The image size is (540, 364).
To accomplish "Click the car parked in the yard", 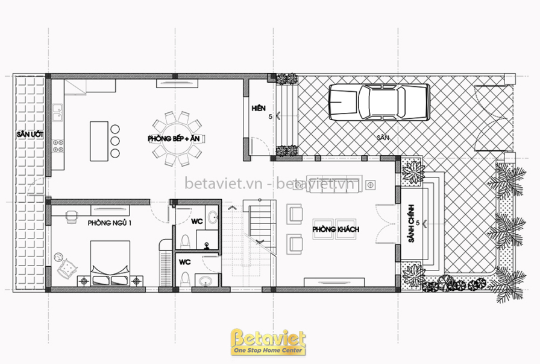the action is pyautogui.click(x=379, y=102).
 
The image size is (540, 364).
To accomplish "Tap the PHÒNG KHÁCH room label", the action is pyautogui.click(x=336, y=229).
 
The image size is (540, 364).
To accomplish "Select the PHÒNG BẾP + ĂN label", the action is pyautogui.click(x=174, y=139).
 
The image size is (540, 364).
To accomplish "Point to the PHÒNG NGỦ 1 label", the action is pyautogui.click(x=109, y=223).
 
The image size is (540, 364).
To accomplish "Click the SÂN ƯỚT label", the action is pyautogui.click(x=30, y=135).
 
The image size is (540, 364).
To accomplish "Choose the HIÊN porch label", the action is pyautogui.click(x=259, y=108).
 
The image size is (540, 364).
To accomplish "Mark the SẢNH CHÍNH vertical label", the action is pyautogui.click(x=411, y=223).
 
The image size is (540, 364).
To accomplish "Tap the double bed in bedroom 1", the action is pyautogui.click(x=110, y=263).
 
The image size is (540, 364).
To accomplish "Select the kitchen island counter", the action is pyautogui.click(x=99, y=141).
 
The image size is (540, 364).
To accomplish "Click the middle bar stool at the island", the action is pyautogui.click(x=115, y=141).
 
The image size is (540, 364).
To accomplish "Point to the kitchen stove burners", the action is pyautogui.click(x=58, y=145).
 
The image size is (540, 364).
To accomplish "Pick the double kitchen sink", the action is pyautogui.click(x=57, y=112).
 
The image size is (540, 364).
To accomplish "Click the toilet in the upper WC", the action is pyautogui.click(x=185, y=241).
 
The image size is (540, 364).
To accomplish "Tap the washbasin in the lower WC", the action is pyautogui.click(x=206, y=281).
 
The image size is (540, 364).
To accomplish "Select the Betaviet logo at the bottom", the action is pyautogui.click(x=268, y=342).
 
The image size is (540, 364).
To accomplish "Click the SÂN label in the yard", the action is pyautogui.click(x=383, y=138).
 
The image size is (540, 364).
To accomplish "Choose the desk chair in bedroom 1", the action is pyautogui.click(x=72, y=217).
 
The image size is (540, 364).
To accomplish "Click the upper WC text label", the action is pyautogui.click(x=197, y=222).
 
